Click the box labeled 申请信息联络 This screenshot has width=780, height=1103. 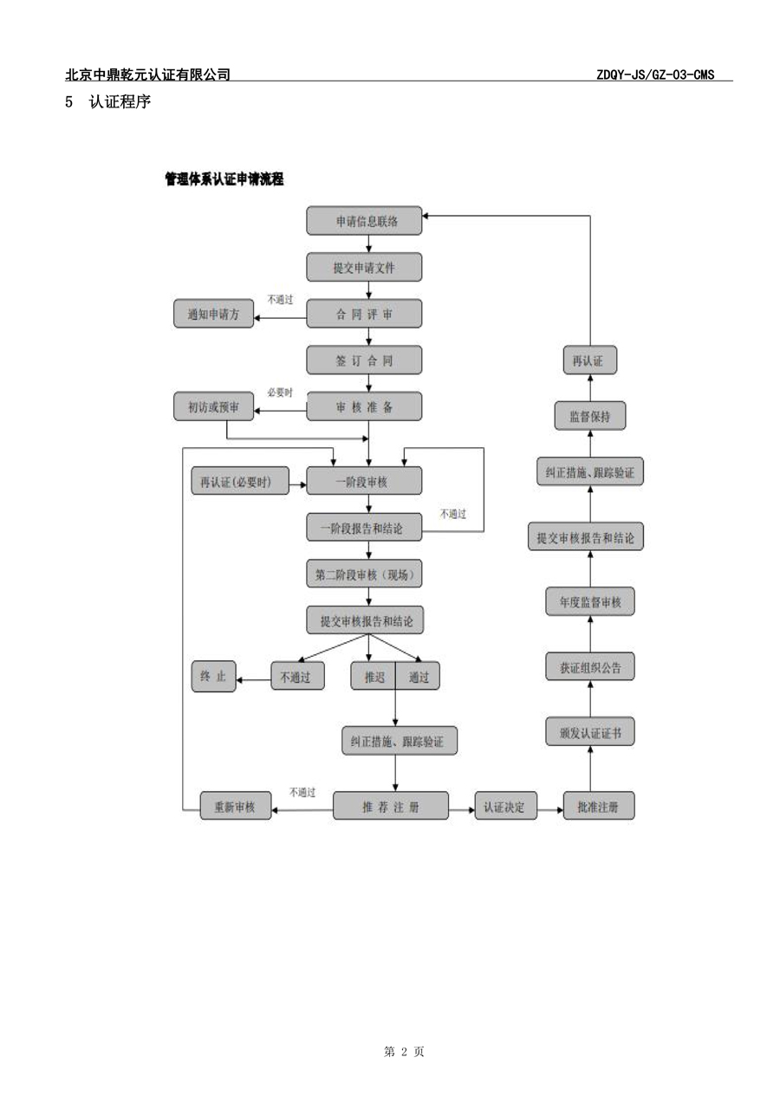point(364,221)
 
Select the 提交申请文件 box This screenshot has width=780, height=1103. point(364,268)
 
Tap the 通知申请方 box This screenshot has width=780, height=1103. point(213,314)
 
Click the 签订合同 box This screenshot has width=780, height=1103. point(364,360)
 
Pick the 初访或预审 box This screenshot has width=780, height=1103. point(213,406)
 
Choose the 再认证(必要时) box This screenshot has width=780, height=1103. point(240,481)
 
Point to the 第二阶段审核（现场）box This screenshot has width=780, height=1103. point(364,574)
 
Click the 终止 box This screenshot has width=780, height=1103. point(213,676)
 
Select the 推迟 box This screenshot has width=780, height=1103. point(374,676)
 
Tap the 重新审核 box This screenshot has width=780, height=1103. point(236,806)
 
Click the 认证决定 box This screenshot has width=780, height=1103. point(505,806)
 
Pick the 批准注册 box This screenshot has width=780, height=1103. point(598,806)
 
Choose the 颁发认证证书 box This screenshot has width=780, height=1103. point(589,731)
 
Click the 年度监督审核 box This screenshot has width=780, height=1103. point(589,601)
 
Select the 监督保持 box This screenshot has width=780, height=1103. point(589,416)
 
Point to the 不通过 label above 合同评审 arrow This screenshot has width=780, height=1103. point(280,300)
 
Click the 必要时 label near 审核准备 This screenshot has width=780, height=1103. point(280,393)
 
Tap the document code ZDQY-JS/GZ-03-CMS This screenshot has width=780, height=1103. point(655,75)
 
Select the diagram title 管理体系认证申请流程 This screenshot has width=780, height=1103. point(224,178)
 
